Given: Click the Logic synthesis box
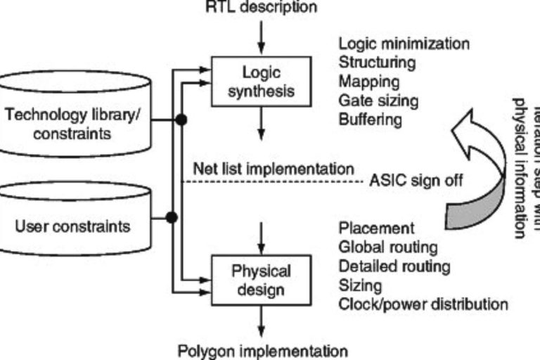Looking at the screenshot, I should pos(262,82).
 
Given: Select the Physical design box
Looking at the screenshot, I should pos(262,280).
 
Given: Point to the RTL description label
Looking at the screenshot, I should pos(261,7).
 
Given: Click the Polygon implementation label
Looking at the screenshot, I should pos(262,350).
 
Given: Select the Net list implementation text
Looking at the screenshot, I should pos(273,169).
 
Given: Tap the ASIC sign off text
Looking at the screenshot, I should pos(416,180).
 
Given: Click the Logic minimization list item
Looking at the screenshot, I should pos(404,44).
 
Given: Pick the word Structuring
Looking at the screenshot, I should pos(377,63).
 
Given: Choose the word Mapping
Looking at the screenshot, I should pos(369,82).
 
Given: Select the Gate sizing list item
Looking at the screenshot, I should pos(378,101).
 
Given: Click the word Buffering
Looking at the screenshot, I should pos(371,120).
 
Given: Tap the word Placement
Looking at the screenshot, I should pos(376,229).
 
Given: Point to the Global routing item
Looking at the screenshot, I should pos(388,247).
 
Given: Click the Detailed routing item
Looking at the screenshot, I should pos(394,266).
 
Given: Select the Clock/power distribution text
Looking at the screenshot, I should pos(423,304).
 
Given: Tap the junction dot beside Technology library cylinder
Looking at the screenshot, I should pos(181,120).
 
